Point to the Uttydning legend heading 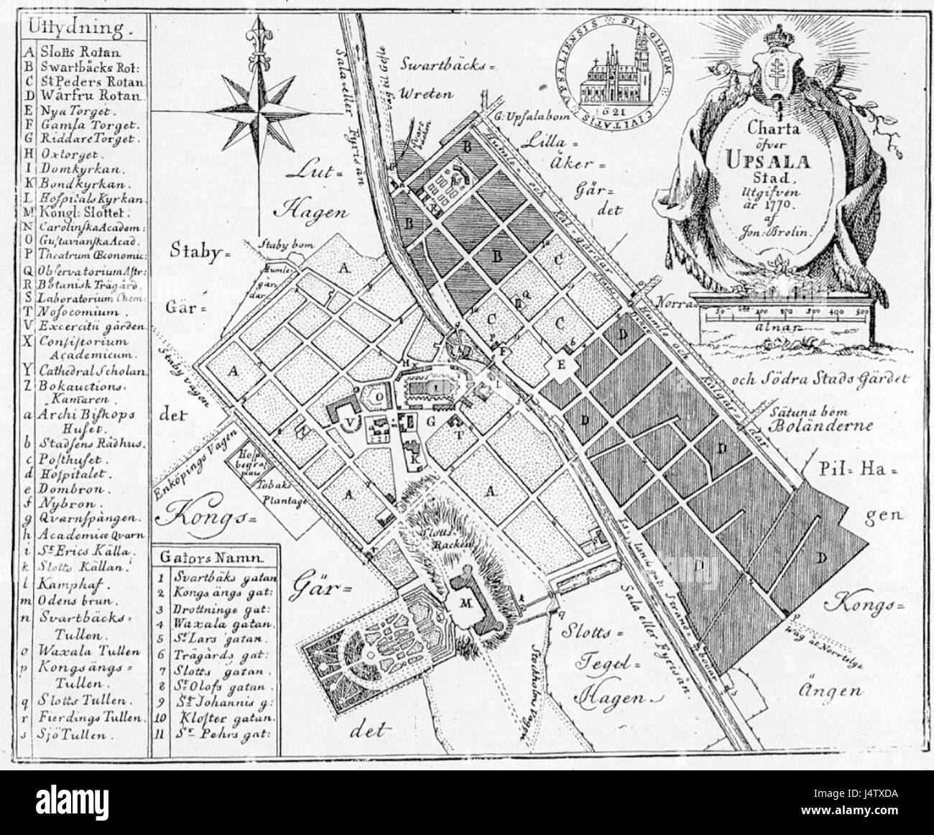(79, 29)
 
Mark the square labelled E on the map (563, 365)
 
